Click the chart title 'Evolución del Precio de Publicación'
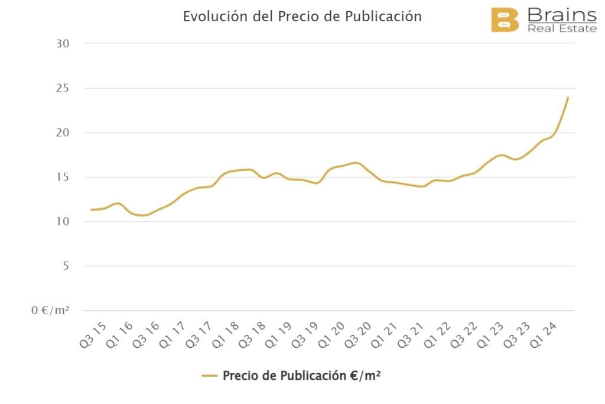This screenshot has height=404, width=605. coord(302,16)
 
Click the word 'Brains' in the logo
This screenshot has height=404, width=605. coord(562,14)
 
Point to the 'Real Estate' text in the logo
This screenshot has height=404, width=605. coord(562,28)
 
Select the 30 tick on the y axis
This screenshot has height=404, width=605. coord(63,44)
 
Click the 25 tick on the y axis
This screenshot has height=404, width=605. coord(63,88)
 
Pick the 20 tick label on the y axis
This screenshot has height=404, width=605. coord(63,132)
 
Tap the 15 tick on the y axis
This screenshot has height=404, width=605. coord(63,177)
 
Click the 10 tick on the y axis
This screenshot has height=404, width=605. coord(63,221)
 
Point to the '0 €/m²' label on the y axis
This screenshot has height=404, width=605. coord(51,310)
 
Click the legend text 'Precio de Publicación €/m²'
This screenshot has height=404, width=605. coord(301,376)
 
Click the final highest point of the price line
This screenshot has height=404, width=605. coord(568,98)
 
